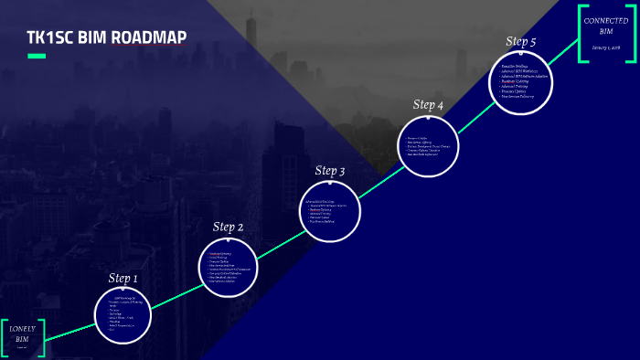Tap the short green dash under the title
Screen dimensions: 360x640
(37, 57)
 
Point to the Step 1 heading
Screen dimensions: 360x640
(123, 278)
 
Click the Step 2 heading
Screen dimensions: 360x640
(228, 227)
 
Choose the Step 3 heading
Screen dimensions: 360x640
(330, 171)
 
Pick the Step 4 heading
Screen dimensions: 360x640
(428, 105)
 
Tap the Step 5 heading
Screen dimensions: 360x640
(521, 41)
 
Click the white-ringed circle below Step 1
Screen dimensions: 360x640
(123, 316)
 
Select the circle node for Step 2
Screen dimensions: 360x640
(228, 266)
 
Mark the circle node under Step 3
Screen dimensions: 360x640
(330, 211)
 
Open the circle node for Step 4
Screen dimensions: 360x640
(428, 146)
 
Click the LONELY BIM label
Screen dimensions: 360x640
(22, 334)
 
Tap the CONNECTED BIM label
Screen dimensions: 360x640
(605, 27)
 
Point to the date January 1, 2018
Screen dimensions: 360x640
(605, 48)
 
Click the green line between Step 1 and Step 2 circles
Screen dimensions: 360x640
(176, 291)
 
